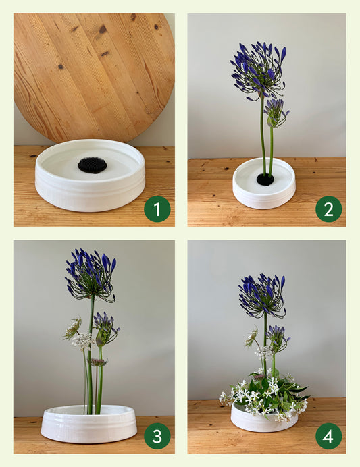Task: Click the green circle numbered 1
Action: (x=157, y=209)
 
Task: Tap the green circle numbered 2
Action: (x=329, y=209)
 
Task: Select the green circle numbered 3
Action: (x=157, y=436)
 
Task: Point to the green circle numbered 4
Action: (x=329, y=436)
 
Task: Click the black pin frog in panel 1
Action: (x=93, y=165)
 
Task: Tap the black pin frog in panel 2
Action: (x=265, y=180)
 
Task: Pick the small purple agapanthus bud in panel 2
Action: (x=276, y=113)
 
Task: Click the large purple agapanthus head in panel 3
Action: (x=91, y=275)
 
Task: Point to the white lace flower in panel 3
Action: (x=82, y=341)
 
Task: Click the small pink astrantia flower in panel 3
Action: (x=97, y=362)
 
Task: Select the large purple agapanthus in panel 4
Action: (x=262, y=296)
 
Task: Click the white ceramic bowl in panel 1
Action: (x=90, y=175)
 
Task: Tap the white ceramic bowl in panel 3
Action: (x=88, y=424)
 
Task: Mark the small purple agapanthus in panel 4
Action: (x=278, y=339)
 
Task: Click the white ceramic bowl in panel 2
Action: (x=264, y=183)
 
